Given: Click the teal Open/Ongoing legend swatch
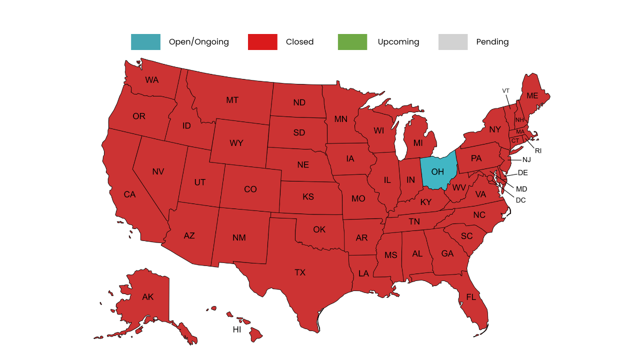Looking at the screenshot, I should pyautogui.click(x=145, y=42).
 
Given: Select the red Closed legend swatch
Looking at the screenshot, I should pyautogui.click(x=262, y=42).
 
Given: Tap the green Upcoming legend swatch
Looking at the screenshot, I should pyautogui.click(x=352, y=42).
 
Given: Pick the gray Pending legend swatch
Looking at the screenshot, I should pyautogui.click(x=453, y=42).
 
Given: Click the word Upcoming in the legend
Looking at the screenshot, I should pyautogui.click(x=398, y=42).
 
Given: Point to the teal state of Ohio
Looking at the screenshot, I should pyautogui.click(x=437, y=171).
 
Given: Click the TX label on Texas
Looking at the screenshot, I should pyautogui.click(x=299, y=272).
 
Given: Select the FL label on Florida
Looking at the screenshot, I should pyautogui.click(x=471, y=297).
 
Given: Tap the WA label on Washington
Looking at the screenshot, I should pyautogui.click(x=151, y=80).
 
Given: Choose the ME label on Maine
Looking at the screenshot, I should pyautogui.click(x=532, y=96).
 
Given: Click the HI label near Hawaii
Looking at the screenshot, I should pyautogui.click(x=236, y=330).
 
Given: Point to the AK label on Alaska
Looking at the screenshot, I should pyautogui.click(x=147, y=297).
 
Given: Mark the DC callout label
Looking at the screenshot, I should pyautogui.click(x=520, y=200).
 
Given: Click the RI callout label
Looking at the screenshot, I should pyautogui.click(x=538, y=150).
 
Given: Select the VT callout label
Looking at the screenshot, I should pyautogui.click(x=505, y=90).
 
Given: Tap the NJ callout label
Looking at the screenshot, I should pyautogui.click(x=526, y=160).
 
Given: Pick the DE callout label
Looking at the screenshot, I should pyautogui.click(x=522, y=173).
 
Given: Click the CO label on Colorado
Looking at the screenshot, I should pyautogui.click(x=250, y=189).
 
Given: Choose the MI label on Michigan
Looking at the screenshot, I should pyautogui.click(x=417, y=143).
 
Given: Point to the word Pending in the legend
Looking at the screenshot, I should pyautogui.click(x=492, y=42).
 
